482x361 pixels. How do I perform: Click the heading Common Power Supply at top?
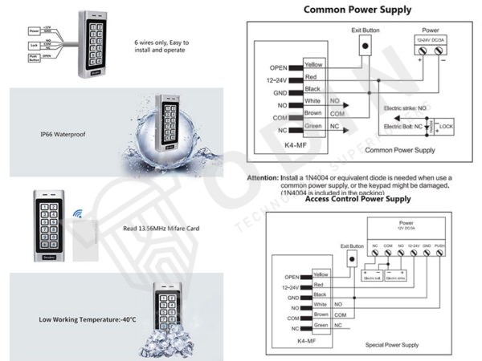[357, 10]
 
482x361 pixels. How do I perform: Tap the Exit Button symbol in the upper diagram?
[366, 46]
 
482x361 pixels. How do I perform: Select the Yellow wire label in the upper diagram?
[314, 63]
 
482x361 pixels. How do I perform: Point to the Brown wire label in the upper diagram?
[313, 114]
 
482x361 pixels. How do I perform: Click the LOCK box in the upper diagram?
[447, 126]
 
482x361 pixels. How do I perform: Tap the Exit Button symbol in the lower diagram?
[351, 258]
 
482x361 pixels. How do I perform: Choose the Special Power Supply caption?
[391, 344]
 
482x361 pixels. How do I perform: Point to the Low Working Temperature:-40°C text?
[76, 319]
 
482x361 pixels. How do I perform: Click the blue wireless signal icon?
[80, 214]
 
